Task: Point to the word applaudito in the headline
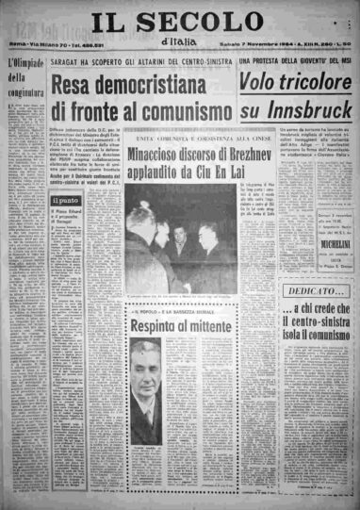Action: click(x=165, y=171)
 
